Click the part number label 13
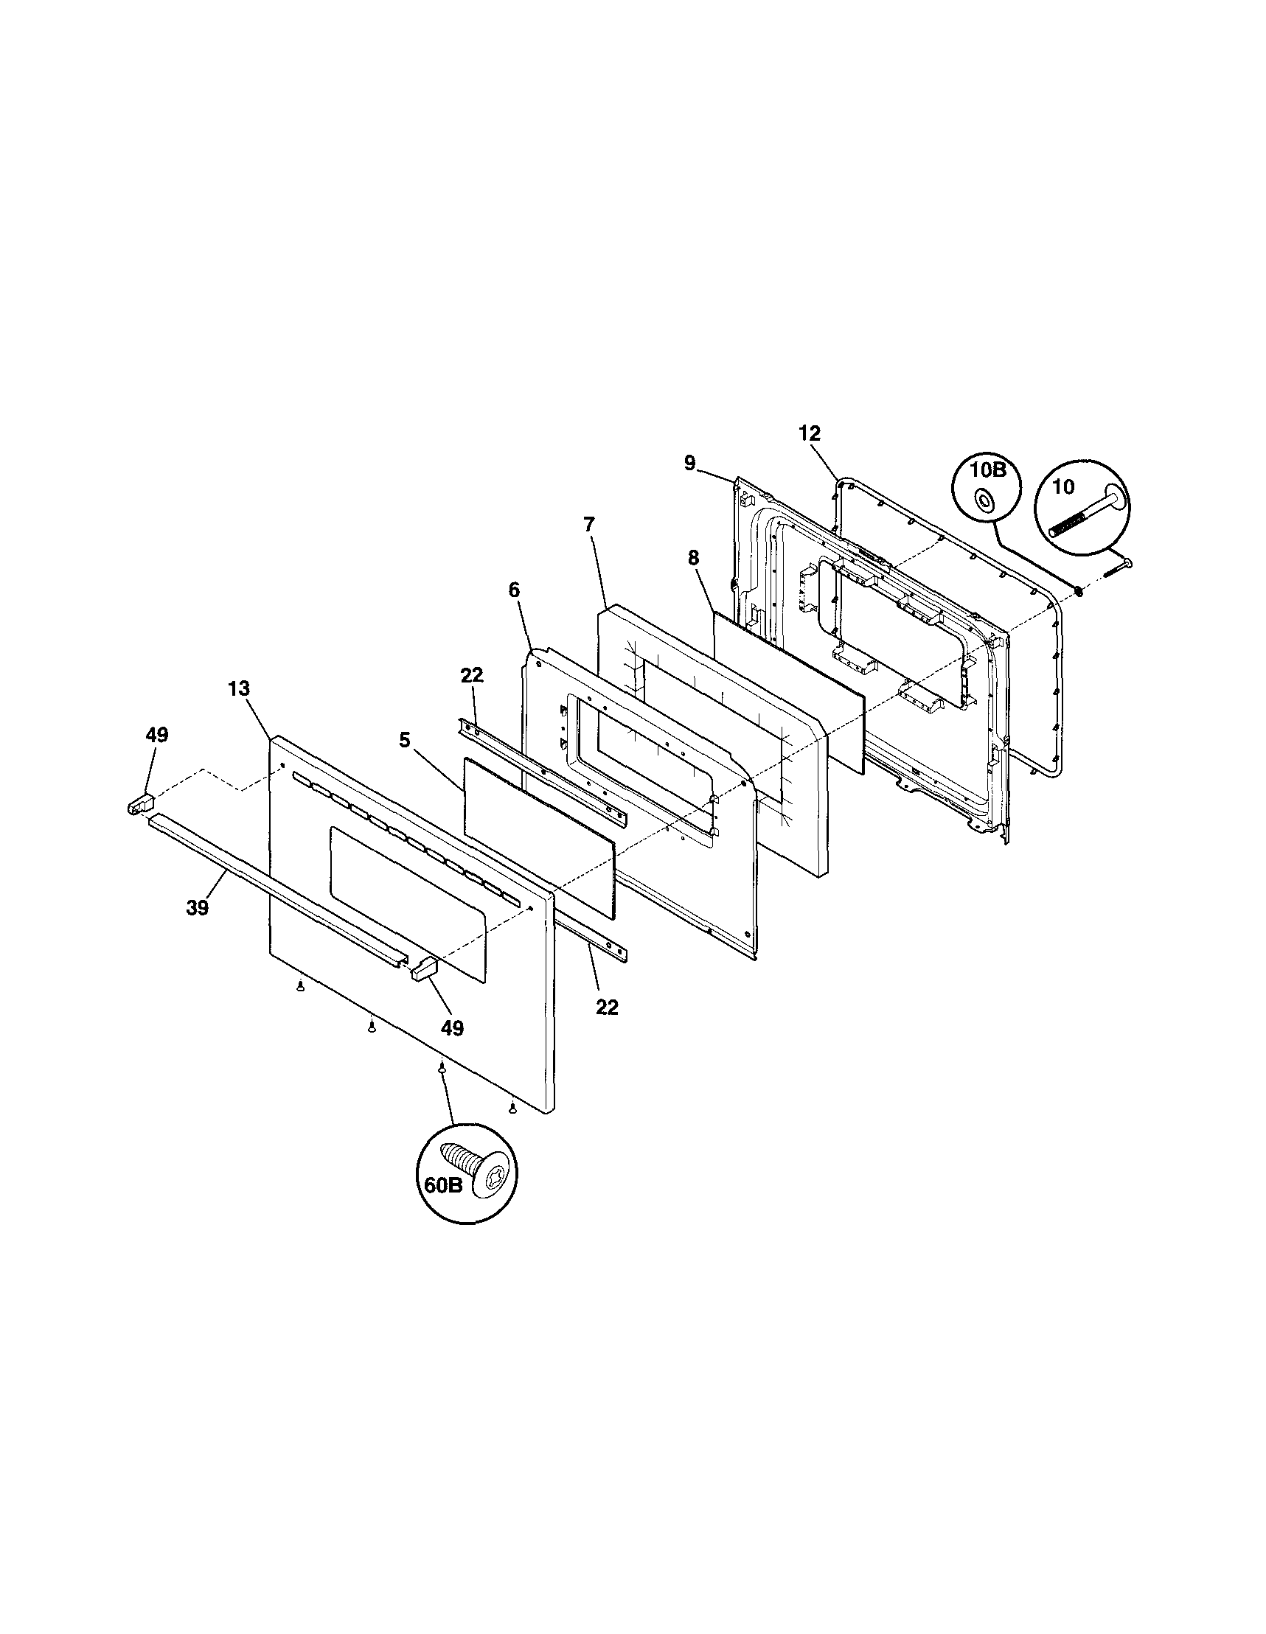(x=239, y=689)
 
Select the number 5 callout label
(x=404, y=741)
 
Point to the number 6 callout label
(x=514, y=590)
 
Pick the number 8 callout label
(x=693, y=557)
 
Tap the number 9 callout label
(x=689, y=463)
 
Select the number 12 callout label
(x=810, y=433)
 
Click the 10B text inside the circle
(x=987, y=471)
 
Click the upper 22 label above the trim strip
(x=472, y=675)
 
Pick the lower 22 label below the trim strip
(x=607, y=1007)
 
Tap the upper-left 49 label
(x=157, y=735)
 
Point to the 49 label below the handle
(x=451, y=1028)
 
